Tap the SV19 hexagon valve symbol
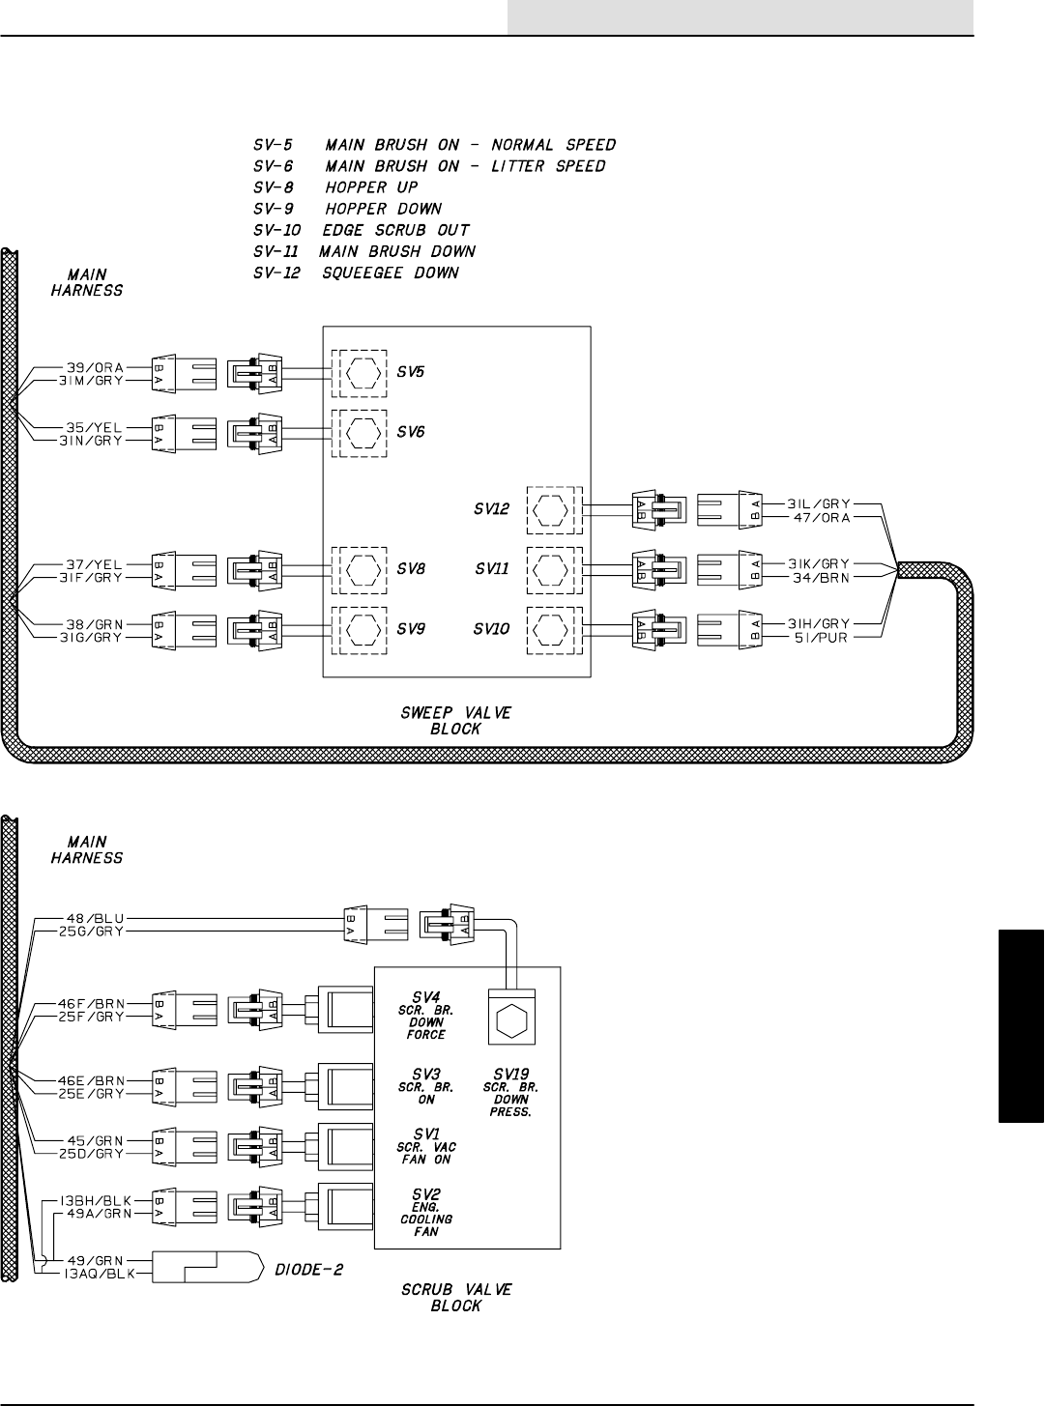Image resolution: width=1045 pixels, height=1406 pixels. [510, 1019]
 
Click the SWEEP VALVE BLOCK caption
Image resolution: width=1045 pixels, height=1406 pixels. [456, 721]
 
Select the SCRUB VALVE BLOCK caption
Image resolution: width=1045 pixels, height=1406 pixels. [456, 1297]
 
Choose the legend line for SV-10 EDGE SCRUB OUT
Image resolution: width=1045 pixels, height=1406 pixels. [354, 230]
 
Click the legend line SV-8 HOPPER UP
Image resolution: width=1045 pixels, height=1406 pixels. [329, 187]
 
